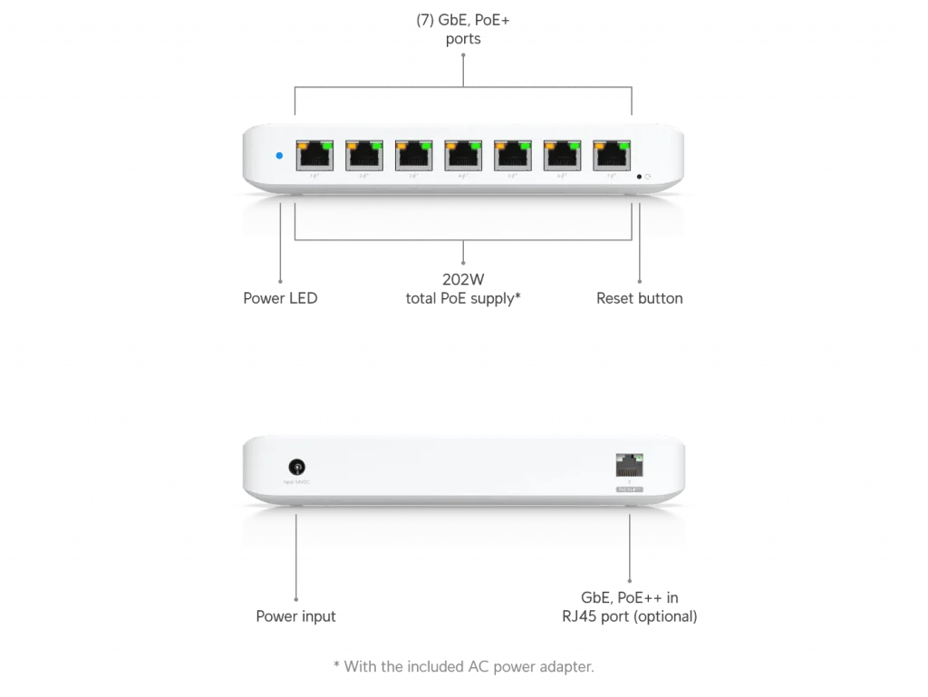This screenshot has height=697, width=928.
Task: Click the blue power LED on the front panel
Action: [279, 156]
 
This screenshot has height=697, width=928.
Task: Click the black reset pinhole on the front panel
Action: [640, 177]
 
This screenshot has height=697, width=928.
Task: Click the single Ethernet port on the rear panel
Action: [627, 466]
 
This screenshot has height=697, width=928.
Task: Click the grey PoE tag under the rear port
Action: [627, 491]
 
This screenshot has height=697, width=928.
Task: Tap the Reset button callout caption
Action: [641, 297]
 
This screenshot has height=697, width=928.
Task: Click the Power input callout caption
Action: [296, 616]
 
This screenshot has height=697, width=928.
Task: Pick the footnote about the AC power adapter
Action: [464, 667]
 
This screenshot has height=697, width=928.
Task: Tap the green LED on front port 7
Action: [624, 143]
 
